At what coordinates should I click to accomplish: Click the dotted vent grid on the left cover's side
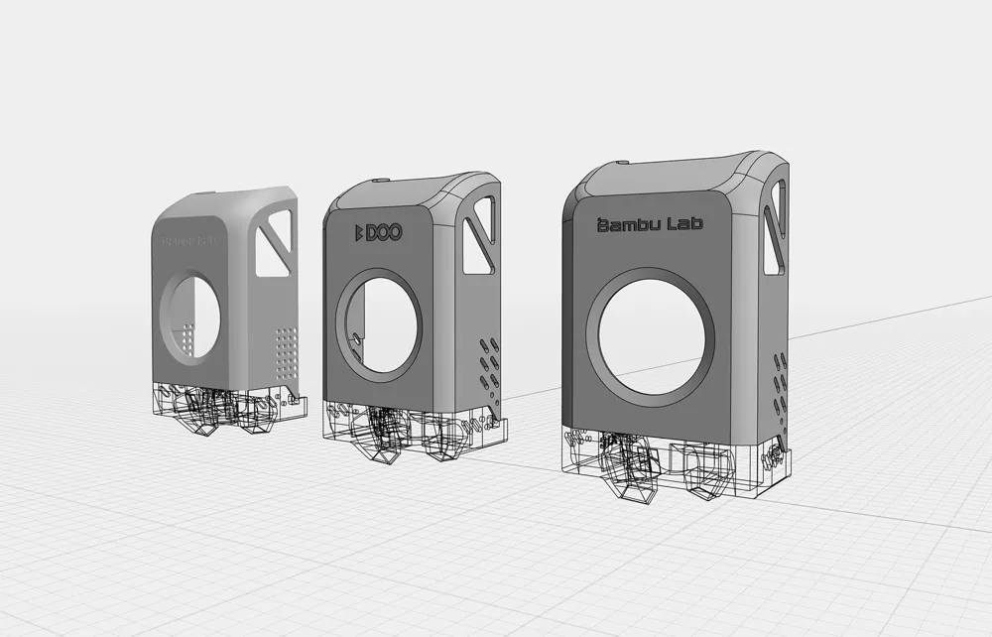click(285, 349)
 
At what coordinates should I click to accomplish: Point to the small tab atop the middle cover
click(382, 182)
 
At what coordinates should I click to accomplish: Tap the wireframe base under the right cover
click(675, 464)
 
